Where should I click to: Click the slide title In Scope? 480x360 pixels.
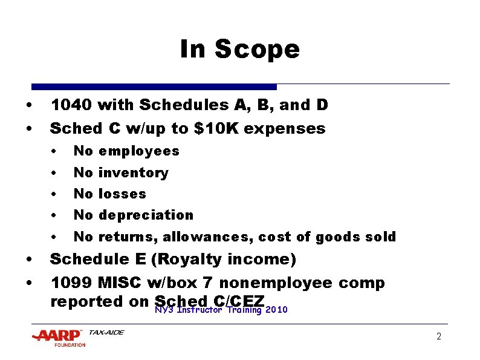click(239, 49)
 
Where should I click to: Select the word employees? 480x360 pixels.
click(138, 151)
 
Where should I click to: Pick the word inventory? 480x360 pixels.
click(133, 172)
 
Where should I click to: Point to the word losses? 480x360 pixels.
click(122, 194)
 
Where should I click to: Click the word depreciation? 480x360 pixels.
click(146, 215)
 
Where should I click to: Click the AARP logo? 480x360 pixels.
click(59, 336)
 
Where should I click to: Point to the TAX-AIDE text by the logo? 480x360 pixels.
click(106, 332)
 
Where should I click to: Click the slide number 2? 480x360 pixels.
click(439, 336)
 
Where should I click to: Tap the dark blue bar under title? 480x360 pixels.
click(154, 87)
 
